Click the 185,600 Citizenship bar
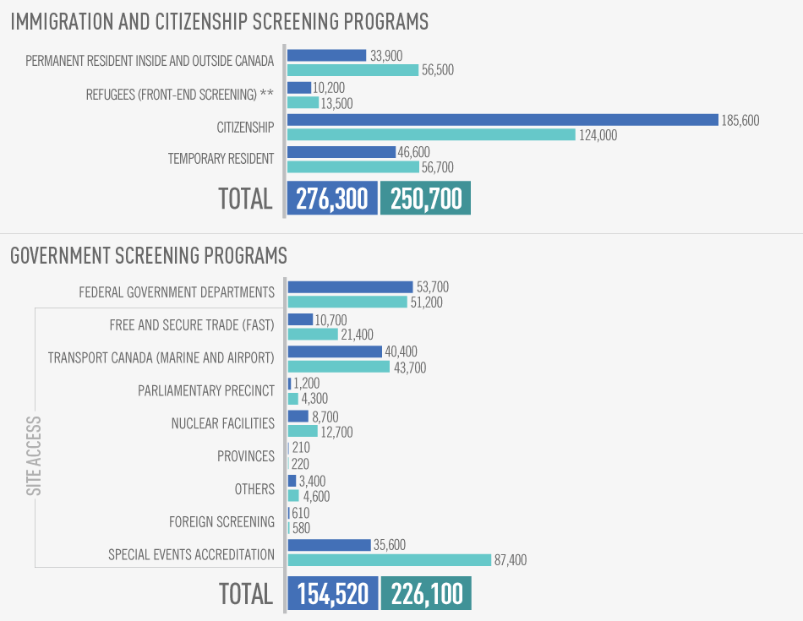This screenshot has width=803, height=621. tap(502, 120)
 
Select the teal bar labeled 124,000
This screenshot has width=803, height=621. tap(431, 134)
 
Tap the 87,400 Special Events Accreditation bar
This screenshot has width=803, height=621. tap(389, 560)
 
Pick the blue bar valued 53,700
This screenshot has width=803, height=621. tap(350, 287)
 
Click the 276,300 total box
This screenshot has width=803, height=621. tap(332, 199)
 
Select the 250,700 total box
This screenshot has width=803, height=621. tap(426, 199)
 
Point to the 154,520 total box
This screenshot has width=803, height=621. tap(332, 594)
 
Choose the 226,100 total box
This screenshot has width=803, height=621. tap(426, 594)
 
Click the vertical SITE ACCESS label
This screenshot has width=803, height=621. tap(35, 455)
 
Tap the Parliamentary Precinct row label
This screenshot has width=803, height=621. tap(206, 390)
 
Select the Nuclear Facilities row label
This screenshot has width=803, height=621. tap(222, 423)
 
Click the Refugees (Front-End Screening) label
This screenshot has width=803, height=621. tap(180, 95)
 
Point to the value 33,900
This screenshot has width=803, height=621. tap(386, 56)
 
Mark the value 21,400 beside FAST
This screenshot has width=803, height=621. tap(356, 335)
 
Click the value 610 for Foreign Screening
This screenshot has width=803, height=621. tap(301, 514)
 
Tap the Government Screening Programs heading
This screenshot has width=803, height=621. tap(149, 255)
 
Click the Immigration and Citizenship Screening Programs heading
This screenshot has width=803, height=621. tap(219, 22)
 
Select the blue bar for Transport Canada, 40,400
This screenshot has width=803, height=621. tap(335, 351)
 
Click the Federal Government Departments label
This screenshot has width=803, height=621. tap(177, 292)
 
